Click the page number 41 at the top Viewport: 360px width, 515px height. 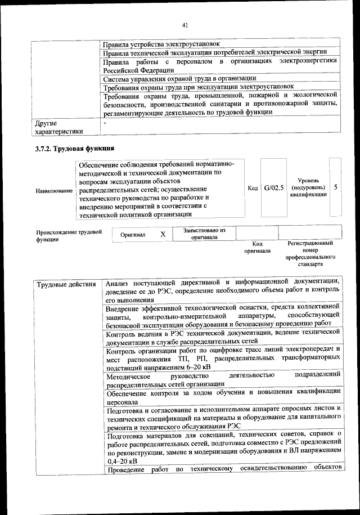pos(185,24)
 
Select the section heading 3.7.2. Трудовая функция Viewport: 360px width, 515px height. pos(75,149)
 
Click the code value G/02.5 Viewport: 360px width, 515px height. pos(274,187)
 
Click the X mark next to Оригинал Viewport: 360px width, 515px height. pos(163,234)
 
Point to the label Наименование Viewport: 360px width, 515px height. pos(54,191)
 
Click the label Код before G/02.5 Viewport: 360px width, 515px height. pos(253,187)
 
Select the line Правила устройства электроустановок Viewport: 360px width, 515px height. pos(161,44)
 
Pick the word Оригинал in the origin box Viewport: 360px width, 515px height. pos(133,234)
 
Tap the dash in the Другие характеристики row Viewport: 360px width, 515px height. pos(105,122)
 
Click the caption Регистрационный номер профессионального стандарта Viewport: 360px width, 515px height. pos(310,253)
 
